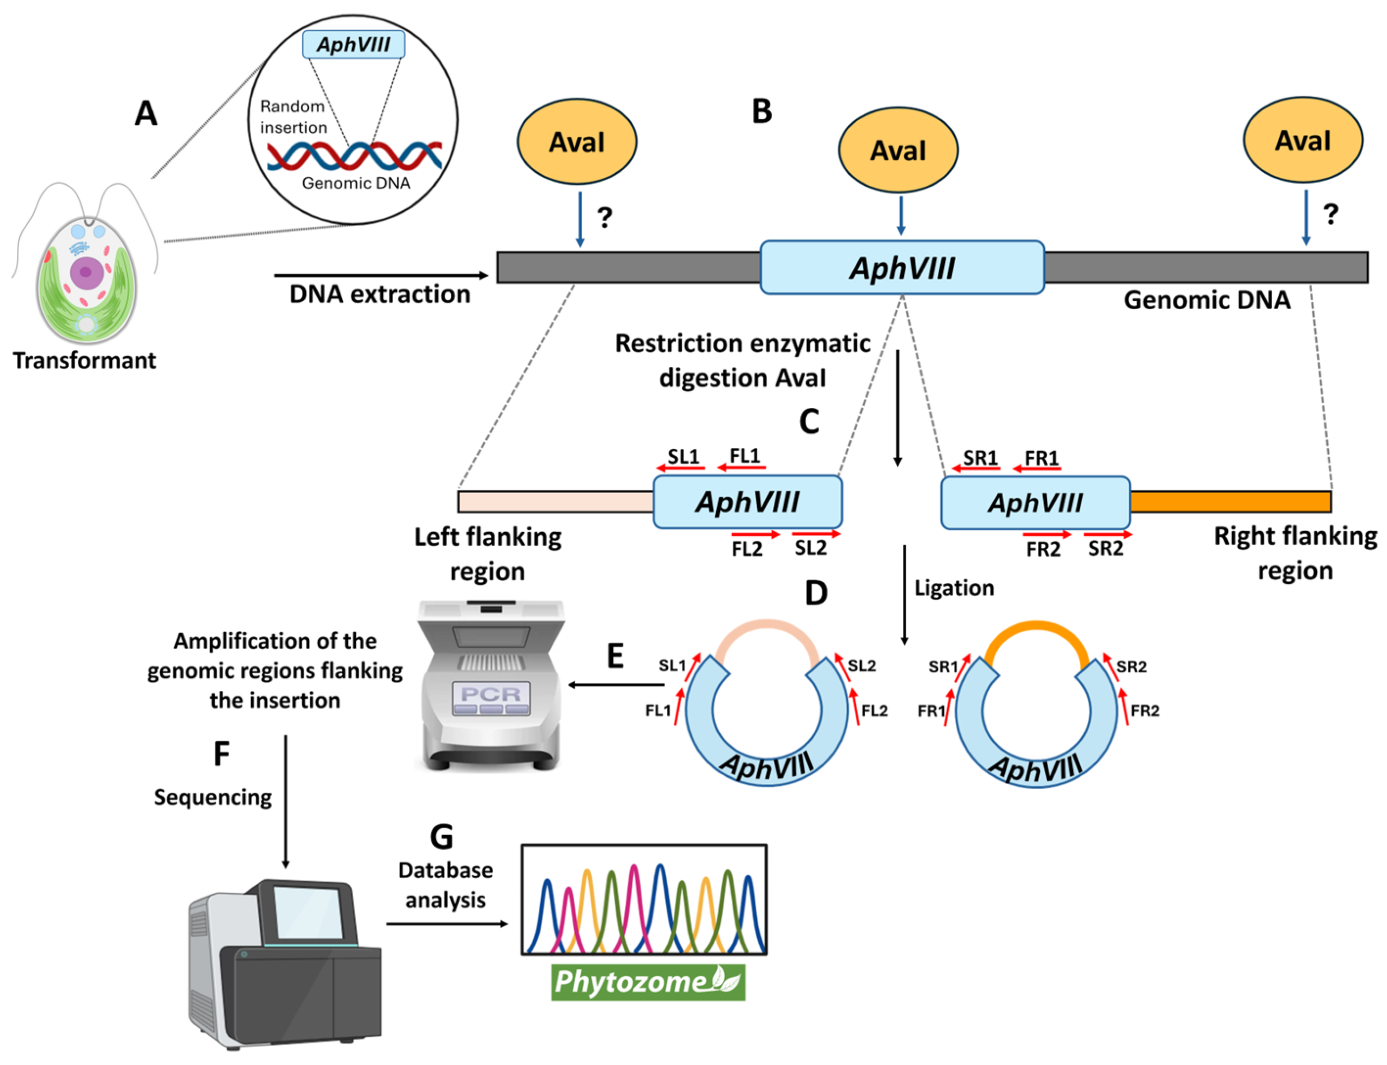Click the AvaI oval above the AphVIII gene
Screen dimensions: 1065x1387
pyautogui.click(x=897, y=150)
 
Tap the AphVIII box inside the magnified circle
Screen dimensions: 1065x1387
pyautogui.click(x=353, y=44)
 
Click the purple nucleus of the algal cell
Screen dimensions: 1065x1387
pyautogui.click(x=85, y=271)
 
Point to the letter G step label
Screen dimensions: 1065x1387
pyautogui.click(x=441, y=837)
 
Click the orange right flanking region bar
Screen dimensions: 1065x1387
pyautogui.click(x=1229, y=502)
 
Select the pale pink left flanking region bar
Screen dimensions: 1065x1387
pyautogui.click(x=554, y=502)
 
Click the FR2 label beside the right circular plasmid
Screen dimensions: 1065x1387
pyautogui.click(x=1144, y=711)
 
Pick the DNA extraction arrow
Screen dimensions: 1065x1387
pyautogui.click(x=380, y=275)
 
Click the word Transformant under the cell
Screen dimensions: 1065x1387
pyautogui.click(x=84, y=360)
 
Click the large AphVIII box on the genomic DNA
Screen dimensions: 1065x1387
pyautogui.click(x=901, y=267)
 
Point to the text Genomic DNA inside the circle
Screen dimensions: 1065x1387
pyautogui.click(x=356, y=183)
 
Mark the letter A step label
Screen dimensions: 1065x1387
pyautogui.click(x=146, y=114)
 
